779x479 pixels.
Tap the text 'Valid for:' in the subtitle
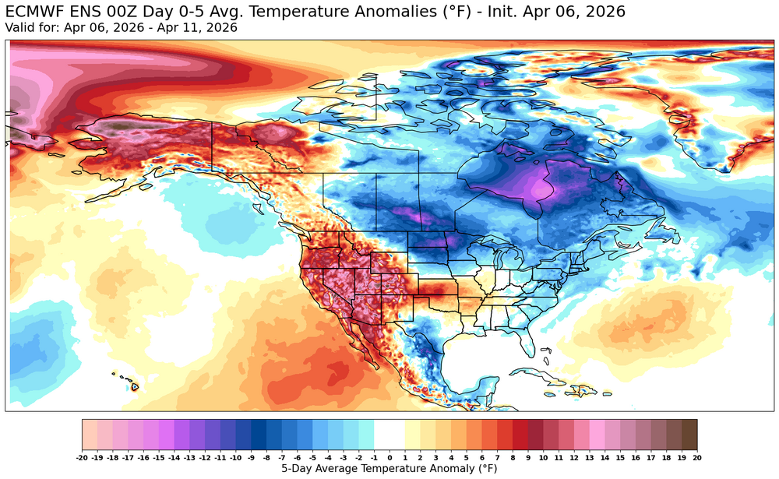point(29,27)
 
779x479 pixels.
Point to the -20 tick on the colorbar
point(83,457)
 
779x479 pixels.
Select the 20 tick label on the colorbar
point(696,457)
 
